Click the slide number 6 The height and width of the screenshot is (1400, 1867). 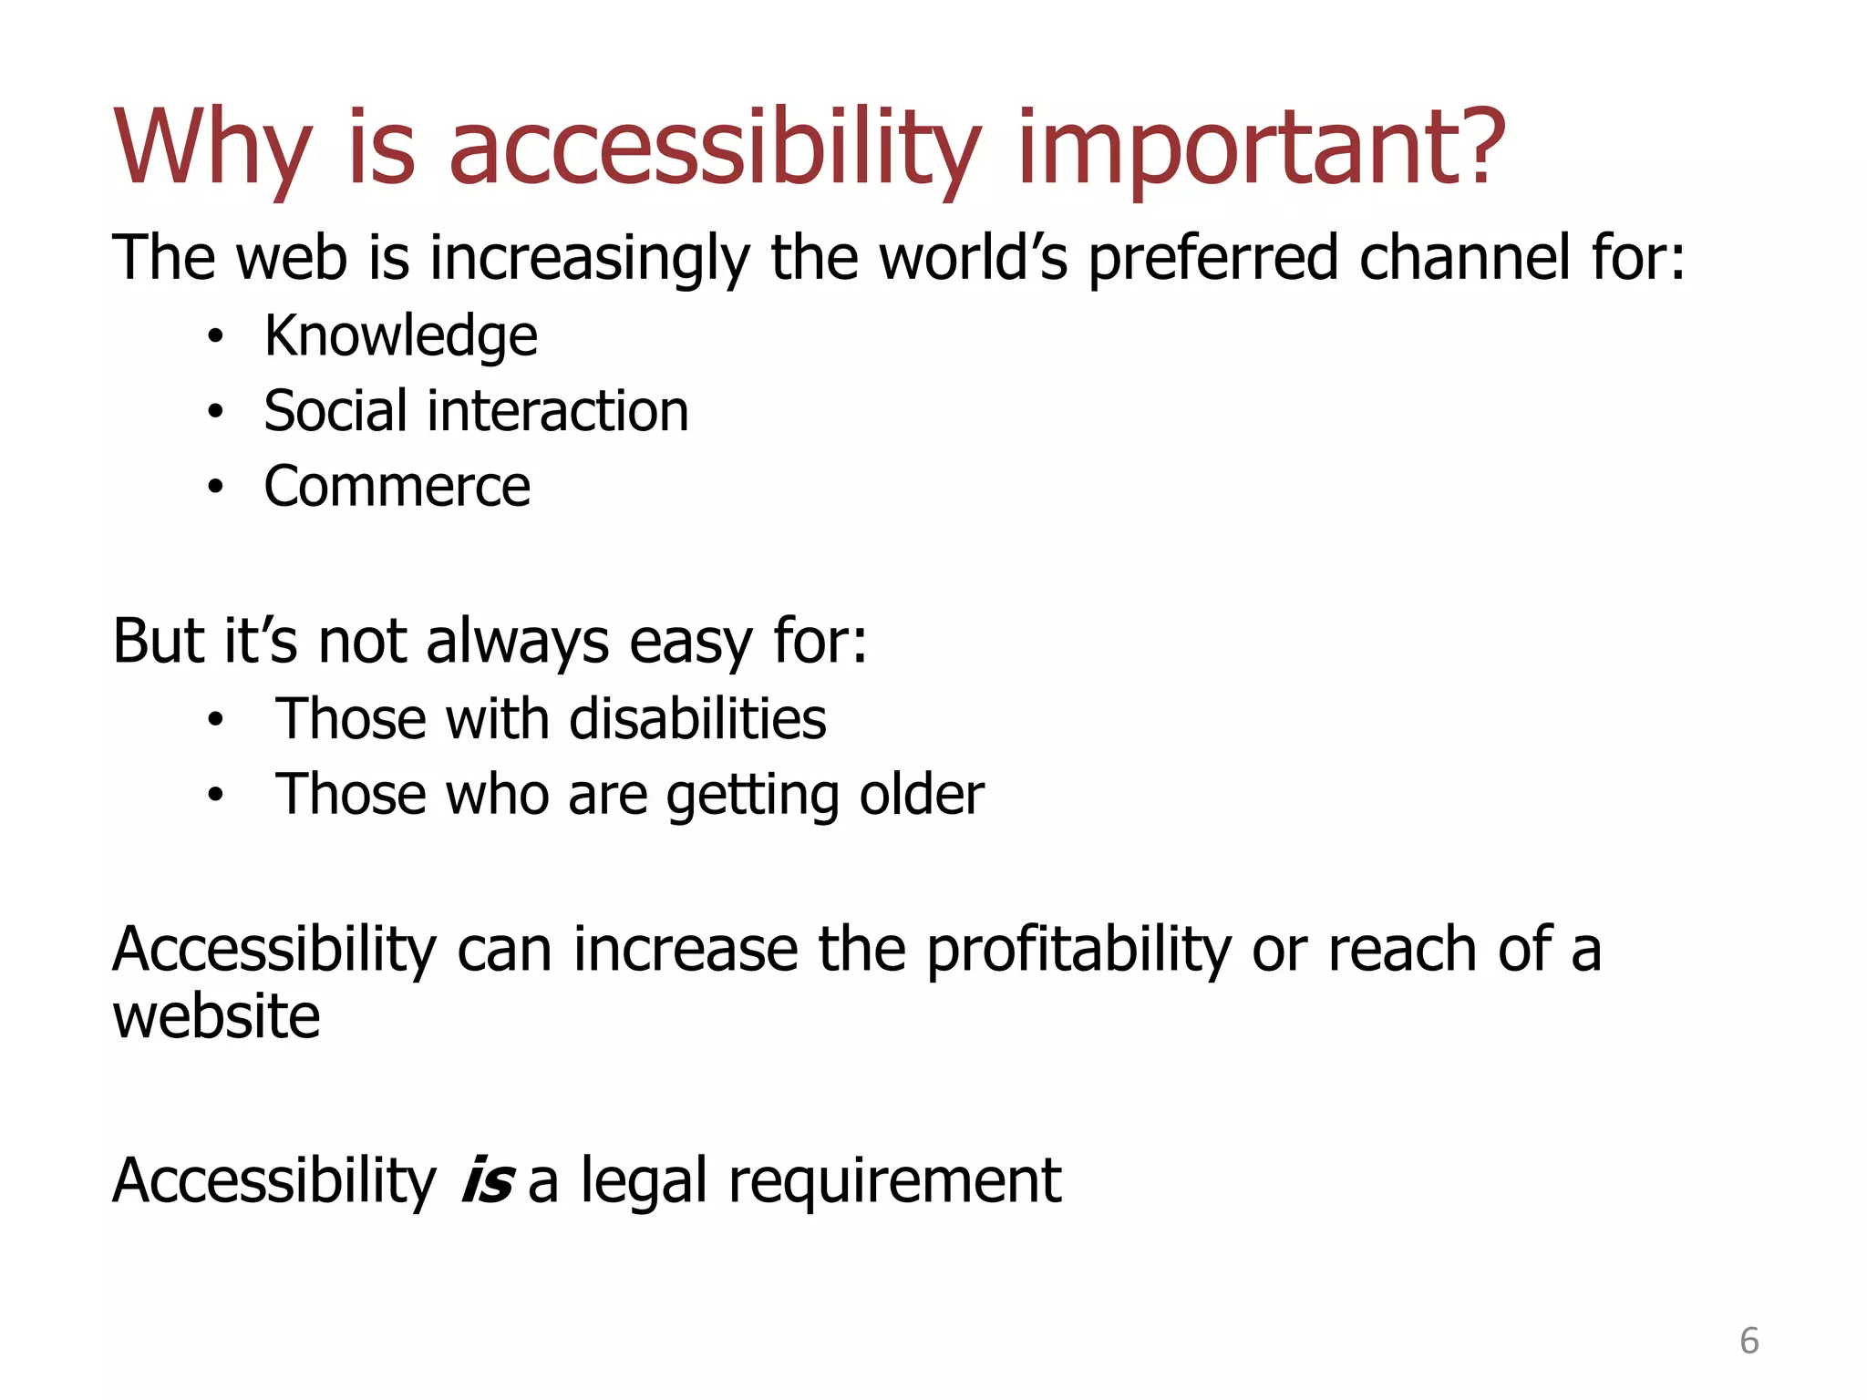(1748, 1341)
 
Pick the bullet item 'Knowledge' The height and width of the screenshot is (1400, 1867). (400, 337)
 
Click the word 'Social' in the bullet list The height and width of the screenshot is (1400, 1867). (334, 411)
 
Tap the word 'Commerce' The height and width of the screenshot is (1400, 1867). (397, 487)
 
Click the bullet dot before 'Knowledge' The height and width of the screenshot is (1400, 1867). (215, 337)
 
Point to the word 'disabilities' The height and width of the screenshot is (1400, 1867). (697, 719)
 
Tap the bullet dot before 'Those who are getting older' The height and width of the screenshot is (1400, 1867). (215, 795)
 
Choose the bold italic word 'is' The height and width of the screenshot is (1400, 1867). (488, 1181)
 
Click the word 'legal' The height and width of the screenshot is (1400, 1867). (645, 1182)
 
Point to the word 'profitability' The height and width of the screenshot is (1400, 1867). (1078, 951)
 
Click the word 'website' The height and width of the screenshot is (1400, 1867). (216, 1017)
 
